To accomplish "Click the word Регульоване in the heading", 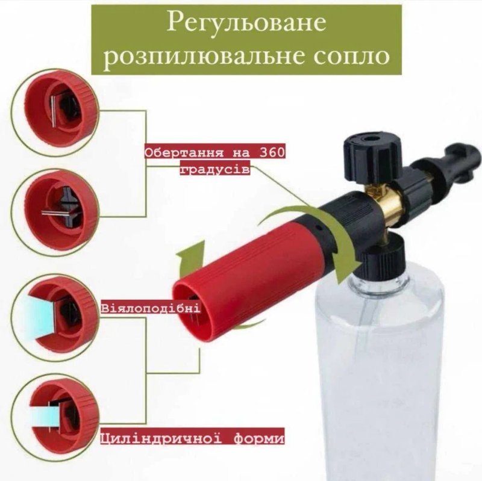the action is coord(246,22).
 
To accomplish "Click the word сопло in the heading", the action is coord(352,56).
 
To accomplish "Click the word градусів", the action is coord(215,170).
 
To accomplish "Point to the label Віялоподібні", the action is coord(151,308).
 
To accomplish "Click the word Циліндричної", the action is coord(161,438).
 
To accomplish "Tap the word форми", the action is coord(259,438).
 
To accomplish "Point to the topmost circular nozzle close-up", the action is coord(55,111).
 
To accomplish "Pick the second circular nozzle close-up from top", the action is coord(55,212).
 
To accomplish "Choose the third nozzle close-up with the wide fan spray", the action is coord(55,317).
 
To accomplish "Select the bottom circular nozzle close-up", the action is coord(55,417).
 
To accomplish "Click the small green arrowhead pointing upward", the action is coord(190,255).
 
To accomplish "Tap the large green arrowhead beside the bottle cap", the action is coord(348,268).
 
